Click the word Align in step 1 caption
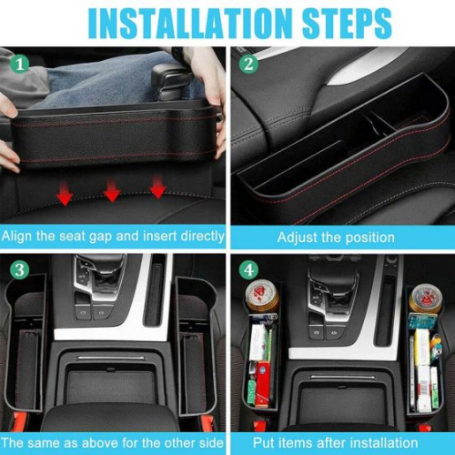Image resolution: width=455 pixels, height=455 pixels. click(x=21, y=236)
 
